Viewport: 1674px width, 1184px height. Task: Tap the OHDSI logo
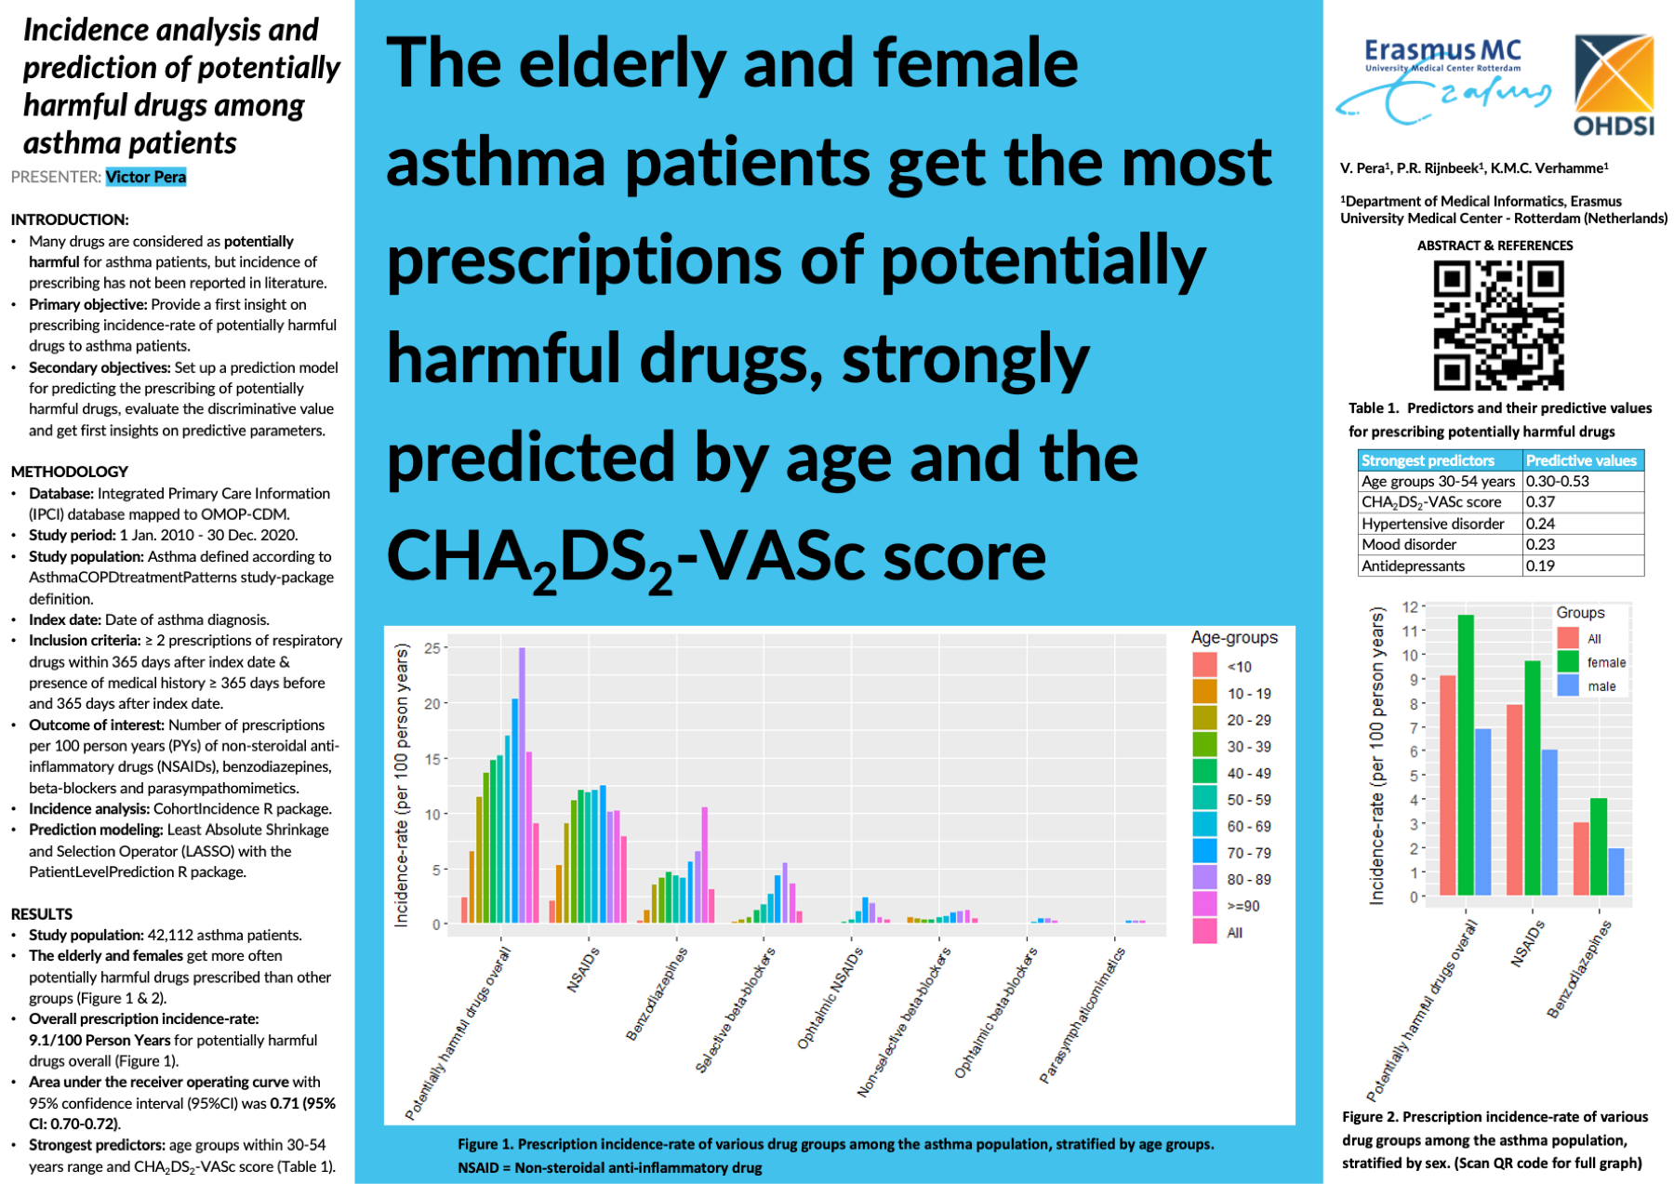[x=1614, y=85]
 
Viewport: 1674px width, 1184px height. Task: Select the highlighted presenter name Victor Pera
[x=146, y=177]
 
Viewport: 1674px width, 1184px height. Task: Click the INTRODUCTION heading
[x=70, y=220]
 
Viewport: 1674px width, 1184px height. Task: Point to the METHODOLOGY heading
[x=70, y=472]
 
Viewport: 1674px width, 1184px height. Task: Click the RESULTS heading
[x=42, y=914]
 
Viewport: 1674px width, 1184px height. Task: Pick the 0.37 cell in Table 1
[x=1540, y=502]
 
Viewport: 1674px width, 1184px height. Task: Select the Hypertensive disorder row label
[x=1432, y=524]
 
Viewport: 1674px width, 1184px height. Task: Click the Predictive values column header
[x=1581, y=460]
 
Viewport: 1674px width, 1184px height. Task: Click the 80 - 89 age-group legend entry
[x=1248, y=879]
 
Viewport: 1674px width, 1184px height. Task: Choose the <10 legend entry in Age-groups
[x=1239, y=666]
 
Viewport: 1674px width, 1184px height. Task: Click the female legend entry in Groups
[x=1606, y=662]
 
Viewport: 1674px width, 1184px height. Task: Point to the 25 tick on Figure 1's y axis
[x=432, y=647]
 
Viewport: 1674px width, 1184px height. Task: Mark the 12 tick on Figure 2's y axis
[x=1411, y=607]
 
